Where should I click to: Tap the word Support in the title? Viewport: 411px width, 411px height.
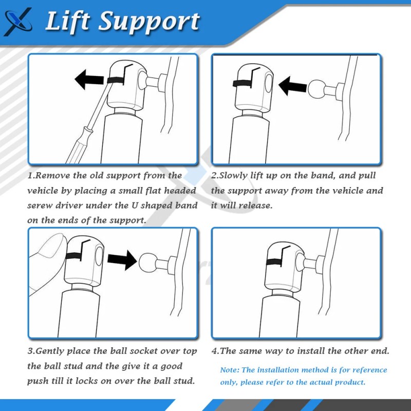[x=149, y=22]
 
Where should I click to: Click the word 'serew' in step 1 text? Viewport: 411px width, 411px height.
[x=41, y=206]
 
